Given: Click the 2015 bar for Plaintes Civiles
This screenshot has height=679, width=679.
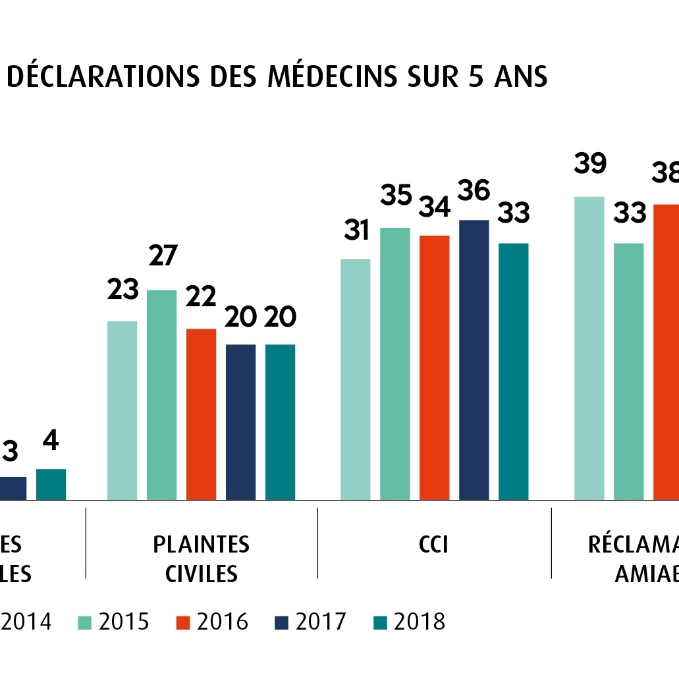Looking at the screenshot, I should (x=161, y=394).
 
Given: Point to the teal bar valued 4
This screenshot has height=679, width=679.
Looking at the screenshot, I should (x=51, y=484).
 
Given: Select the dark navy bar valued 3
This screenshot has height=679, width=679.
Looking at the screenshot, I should (x=13, y=488).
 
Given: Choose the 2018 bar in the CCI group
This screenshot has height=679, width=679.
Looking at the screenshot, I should (x=513, y=371).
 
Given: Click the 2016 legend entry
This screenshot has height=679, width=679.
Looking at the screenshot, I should (x=212, y=622).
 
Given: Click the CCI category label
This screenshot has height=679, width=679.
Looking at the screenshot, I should (x=433, y=545).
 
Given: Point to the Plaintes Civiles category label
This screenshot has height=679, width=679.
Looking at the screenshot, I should (x=201, y=558).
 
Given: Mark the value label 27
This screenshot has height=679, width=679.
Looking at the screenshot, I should (x=161, y=256).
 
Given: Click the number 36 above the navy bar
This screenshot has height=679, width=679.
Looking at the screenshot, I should (x=474, y=191).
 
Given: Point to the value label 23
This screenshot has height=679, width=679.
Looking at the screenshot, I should (x=122, y=290).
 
